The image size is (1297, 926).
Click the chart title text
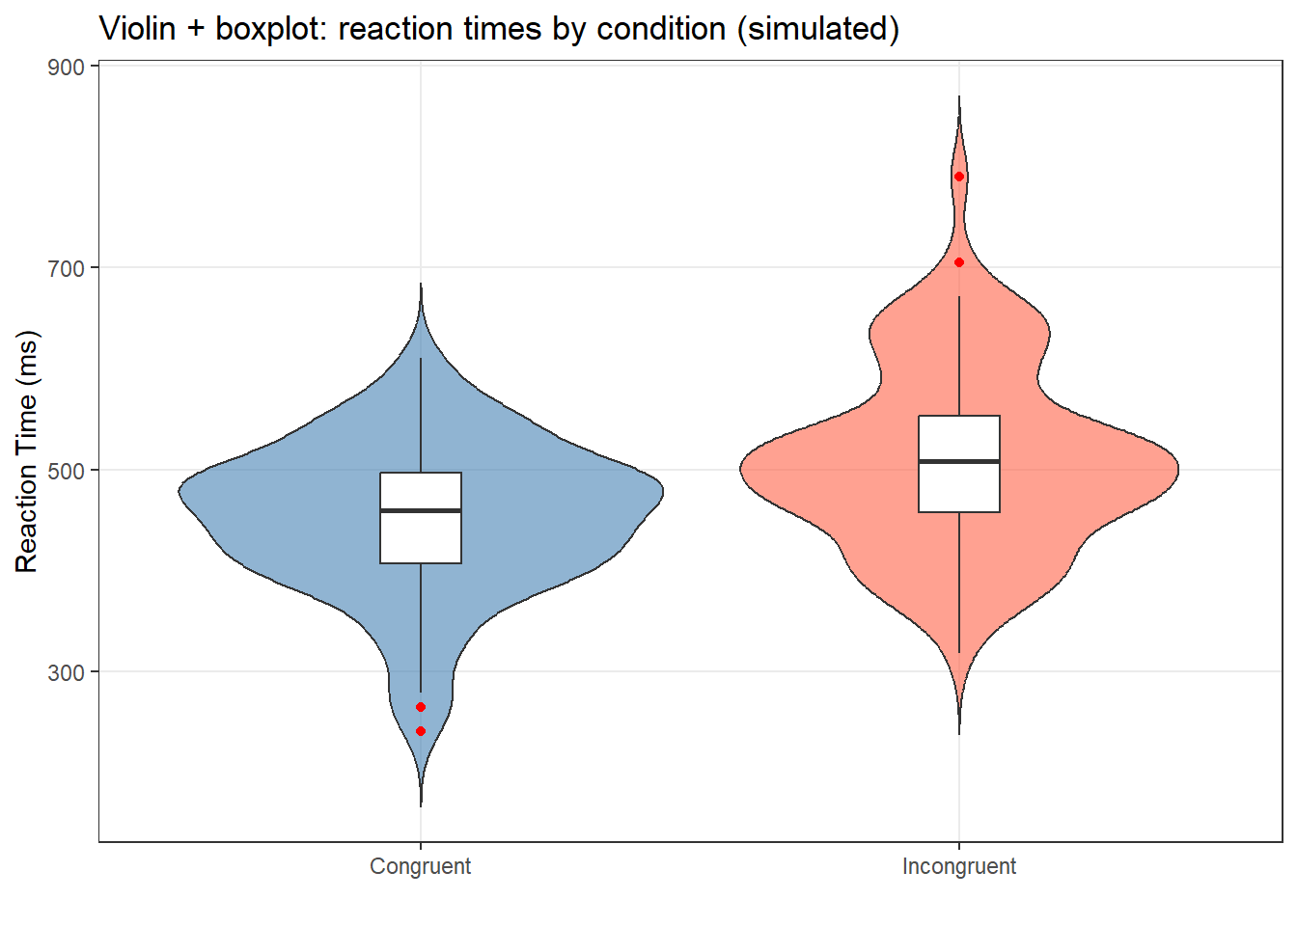tap(499, 29)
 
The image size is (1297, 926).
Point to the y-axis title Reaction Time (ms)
tap(27, 451)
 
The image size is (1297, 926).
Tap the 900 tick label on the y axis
tap(67, 67)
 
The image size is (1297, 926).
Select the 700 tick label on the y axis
tap(67, 268)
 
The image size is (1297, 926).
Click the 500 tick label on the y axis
tap(67, 471)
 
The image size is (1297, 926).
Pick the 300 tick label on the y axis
tap(67, 672)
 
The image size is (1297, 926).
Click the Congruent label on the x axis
tap(421, 866)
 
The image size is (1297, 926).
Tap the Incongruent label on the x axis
tap(959, 866)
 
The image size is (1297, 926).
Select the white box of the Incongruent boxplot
tap(959, 439)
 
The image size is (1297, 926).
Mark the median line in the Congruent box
tap(421, 510)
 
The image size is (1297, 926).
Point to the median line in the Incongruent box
tap(959, 462)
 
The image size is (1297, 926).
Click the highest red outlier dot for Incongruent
tap(959, 177)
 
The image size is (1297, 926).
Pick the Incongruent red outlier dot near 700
tap(959, 262)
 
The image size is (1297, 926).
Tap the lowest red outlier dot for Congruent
tap(421, 731)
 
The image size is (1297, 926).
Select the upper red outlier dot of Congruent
tap(421, 707)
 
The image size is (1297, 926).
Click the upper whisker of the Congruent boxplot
tap(421, 415)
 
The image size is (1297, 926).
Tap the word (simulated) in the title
tap(818, 29)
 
